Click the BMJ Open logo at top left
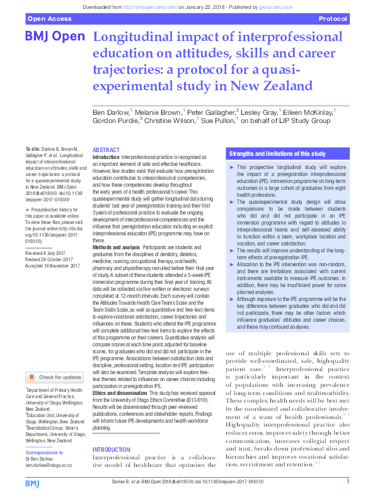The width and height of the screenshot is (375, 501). tap(54, 37)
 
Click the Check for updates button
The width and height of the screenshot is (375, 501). tap(54, 377)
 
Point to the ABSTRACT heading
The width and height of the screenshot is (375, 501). tap(106, 150)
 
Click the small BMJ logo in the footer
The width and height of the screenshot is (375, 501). tap(33, 484)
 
